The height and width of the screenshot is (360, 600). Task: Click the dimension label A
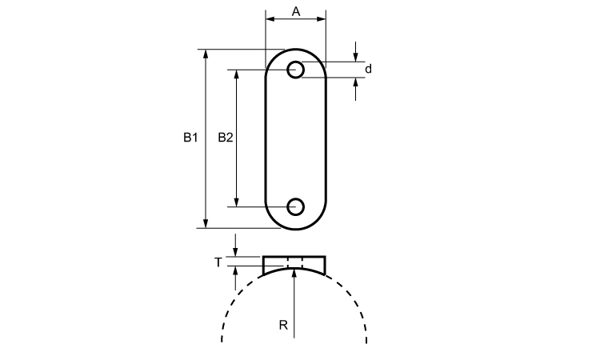pyautogui.click(x=296, y=12)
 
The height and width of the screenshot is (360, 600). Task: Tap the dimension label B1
pyautogui.click(x=190, y=138)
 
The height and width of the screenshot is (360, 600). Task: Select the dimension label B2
pyautogui.click(x=225, y=138)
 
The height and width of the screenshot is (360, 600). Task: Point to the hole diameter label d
pyautogui.click(x=368, y=70)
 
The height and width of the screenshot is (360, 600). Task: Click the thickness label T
pyautogui.click(x=218, y=262)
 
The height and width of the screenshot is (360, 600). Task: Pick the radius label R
pyautogui.click(x=283, y=325)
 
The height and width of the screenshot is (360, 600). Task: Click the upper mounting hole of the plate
pyautogui.click(x=295, y=70)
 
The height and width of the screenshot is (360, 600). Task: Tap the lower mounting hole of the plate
pyautogui.click(x=295, y=207)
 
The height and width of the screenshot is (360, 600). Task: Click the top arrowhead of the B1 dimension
pyautogui.click(x=206, y=54)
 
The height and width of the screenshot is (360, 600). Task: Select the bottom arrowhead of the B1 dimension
pyautogui.click(x=206, y=223)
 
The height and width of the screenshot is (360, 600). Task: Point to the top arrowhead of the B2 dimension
pyautogui.click(x=237, y=74)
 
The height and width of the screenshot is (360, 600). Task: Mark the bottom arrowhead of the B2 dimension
pyautogui.click(x=237, y=202)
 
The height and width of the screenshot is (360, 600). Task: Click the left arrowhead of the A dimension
pyautogui.click(x=270, y=18)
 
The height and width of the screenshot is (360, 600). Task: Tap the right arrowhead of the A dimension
pyautogui.click(x=321, y=18)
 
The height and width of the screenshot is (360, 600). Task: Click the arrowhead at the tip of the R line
pyautogui.click(x=294, y=273)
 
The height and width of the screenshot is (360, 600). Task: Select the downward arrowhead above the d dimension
pyautogui.click(x=355, y=57)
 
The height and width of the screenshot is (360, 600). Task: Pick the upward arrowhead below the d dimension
pyautogui.click(x=355, y=82)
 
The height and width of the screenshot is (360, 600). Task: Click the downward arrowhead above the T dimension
pyautogui.click(x=235, y=252)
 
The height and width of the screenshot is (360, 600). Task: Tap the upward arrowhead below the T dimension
pyautogui.click(x=235, y=270)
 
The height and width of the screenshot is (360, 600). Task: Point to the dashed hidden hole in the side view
pyautogui.click(x=295, y=263)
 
